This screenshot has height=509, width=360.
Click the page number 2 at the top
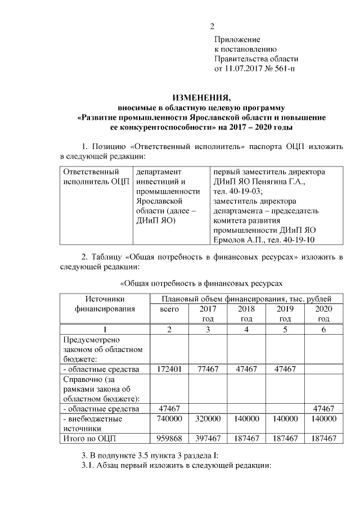pos(212,26)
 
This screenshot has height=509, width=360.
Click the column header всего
pos(169,309)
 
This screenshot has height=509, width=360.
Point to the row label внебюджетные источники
pos(93,424)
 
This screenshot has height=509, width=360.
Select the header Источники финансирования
pos(105,304)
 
